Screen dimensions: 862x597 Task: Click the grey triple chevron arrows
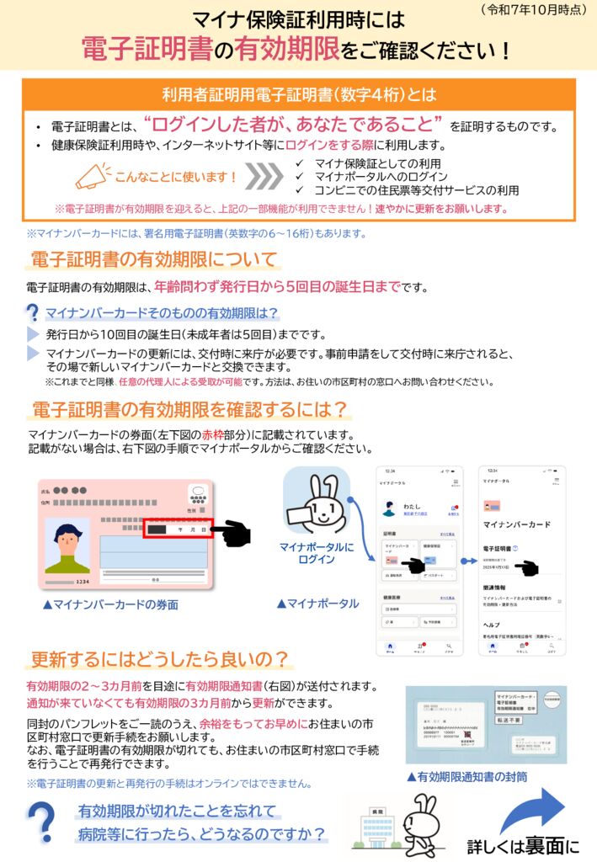(264, 177)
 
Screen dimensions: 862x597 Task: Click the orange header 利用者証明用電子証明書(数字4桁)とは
(299, 94)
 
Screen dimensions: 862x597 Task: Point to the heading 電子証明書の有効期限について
(154, 258)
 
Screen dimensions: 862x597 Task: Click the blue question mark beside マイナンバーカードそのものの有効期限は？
(33, 314)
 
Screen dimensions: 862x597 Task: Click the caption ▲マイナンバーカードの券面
(111, 604)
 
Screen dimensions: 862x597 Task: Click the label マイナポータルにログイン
(317, 553)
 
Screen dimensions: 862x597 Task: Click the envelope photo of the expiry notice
(486, 724)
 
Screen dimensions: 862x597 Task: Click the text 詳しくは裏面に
(524, 845)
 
